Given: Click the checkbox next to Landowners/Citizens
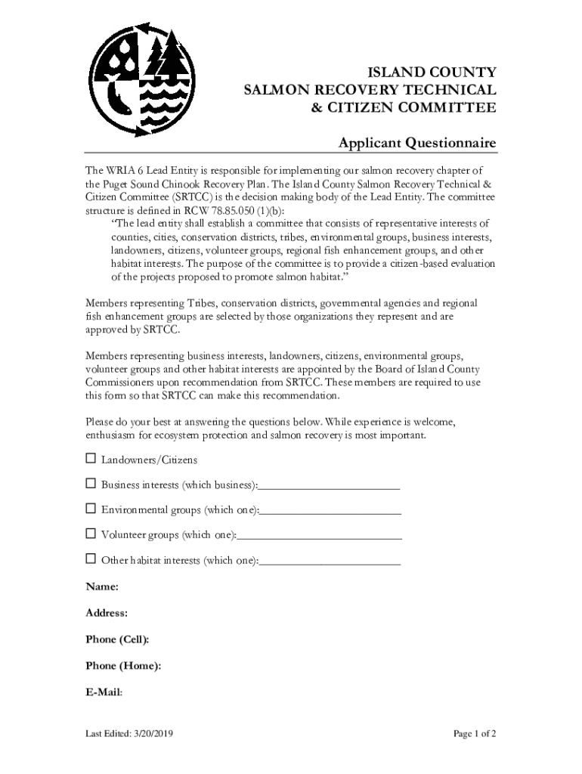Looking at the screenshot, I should click(91, 459).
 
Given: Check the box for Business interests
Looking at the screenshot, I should click(91, 484).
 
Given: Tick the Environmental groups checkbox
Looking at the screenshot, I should click(91, 509).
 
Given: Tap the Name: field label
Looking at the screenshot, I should click(102, 587).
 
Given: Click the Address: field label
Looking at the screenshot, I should click(107, 613).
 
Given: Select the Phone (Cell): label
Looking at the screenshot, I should click(117, 639).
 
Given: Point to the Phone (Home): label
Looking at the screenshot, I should click(123, 666).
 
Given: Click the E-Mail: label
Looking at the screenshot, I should click(104, 692).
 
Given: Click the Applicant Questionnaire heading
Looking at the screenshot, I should click(416, 143).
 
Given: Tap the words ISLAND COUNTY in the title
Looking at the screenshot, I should click(432, 73).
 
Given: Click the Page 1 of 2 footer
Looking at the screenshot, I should click(474, 734).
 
